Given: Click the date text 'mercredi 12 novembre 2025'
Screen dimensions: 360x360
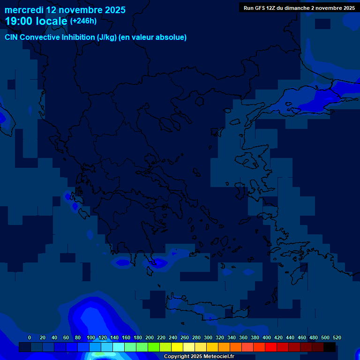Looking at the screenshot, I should tap(65, 10).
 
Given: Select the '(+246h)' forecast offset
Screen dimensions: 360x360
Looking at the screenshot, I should tap(83, 21).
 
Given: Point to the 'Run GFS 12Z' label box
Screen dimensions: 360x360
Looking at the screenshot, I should tap(299, 7).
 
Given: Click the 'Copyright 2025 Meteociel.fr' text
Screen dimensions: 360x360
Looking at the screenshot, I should tap(199, 356).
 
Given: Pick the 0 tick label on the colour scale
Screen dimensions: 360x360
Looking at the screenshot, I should tap(30, 337).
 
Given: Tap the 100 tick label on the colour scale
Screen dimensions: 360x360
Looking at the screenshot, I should tap(91, 337).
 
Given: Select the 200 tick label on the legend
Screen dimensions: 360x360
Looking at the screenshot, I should tap(150, 337).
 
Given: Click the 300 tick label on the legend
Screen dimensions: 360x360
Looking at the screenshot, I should tap(208, 337).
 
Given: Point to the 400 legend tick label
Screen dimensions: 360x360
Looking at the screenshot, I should tap(267, 337).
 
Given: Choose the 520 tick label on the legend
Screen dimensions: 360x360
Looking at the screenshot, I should tap(337, 337).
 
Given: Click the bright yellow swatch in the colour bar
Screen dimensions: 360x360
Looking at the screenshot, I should tap(177, 347).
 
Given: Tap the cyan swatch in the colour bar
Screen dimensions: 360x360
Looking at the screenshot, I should tap(119, 347).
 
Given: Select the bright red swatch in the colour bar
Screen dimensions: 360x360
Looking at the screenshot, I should tap(271, 347).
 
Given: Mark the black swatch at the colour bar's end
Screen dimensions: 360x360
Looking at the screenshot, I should tap(330, 347).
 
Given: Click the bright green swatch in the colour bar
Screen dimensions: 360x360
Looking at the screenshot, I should tap(154, 347).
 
